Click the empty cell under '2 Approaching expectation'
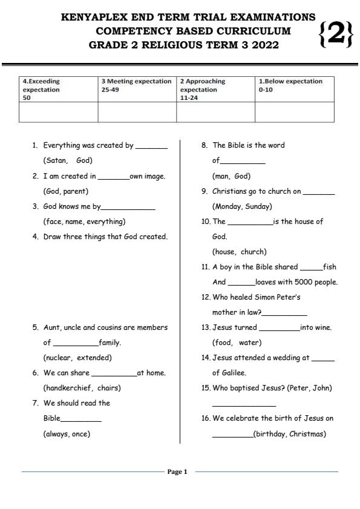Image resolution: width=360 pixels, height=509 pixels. (215, 112)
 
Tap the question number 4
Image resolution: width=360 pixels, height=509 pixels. (35, 237)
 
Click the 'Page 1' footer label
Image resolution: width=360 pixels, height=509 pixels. (177, 471)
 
